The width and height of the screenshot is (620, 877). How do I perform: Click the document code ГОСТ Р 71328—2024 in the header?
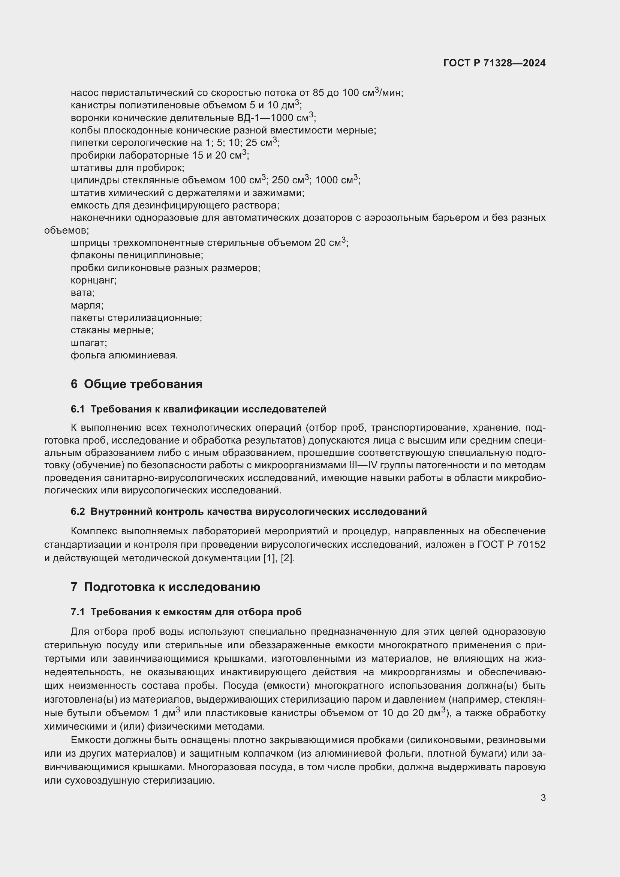click(494, 63)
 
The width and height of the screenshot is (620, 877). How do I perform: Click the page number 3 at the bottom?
click(543, 798)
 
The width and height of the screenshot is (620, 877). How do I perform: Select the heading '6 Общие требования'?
click(136, 384)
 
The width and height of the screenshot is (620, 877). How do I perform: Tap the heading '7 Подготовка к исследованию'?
click(165, 587)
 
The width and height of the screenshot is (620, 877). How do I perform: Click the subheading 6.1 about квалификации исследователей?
click(198, 409)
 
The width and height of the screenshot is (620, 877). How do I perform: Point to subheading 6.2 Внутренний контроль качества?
click(249, 511)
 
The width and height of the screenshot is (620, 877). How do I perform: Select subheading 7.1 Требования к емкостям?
click(186, 612)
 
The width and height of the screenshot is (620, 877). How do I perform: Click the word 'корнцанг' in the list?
click(93, 280)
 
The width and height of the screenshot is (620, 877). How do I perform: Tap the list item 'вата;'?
click(82, 292)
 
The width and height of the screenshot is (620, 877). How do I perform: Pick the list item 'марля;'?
click(87, 305)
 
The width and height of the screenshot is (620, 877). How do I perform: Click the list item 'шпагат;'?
click(88, 343)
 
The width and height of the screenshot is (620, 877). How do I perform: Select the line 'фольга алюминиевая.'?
click(124, 355)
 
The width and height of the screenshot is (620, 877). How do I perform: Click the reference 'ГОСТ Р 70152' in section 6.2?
click(511, 545)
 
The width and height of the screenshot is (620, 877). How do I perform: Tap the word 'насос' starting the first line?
click(84, 93)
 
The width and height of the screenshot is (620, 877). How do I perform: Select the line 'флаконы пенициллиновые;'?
click(137, 255)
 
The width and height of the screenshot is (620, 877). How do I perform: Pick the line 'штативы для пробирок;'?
click(127, 168)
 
